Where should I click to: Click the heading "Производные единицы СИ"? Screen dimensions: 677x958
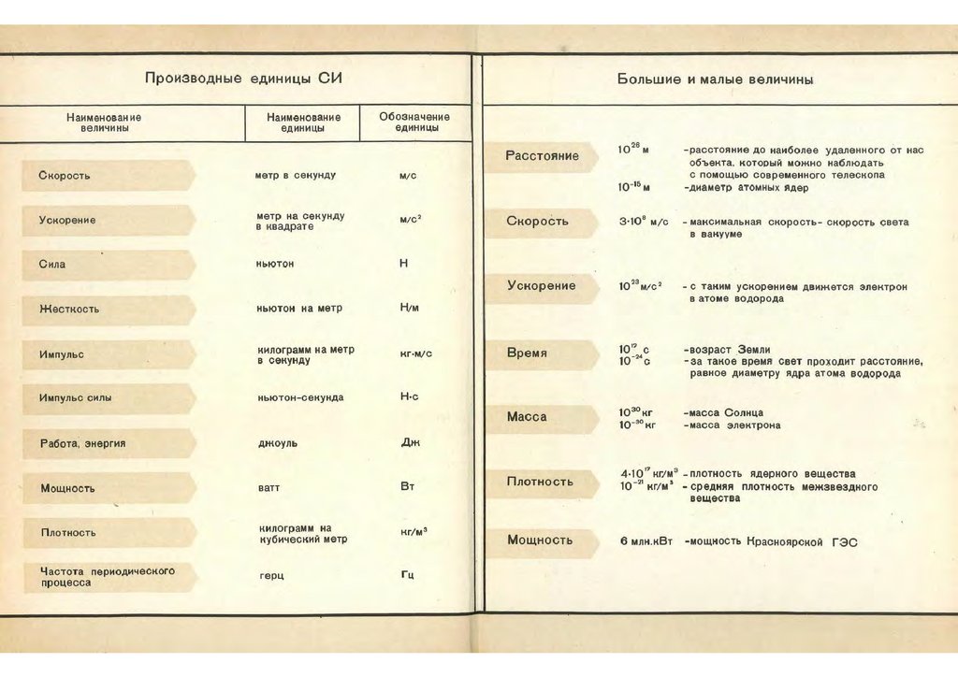(x=243, y=78)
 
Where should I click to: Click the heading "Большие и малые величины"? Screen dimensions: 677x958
(x=715, y=79)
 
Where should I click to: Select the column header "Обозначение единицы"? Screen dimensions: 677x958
(x=414, y=122)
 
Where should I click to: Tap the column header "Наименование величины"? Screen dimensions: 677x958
(x=104, y=122)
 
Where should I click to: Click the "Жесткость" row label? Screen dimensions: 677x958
(x=69, y=309)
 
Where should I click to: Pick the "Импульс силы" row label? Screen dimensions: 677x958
(x=76, y=397)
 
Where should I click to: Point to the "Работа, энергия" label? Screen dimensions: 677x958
(x=82, y=443)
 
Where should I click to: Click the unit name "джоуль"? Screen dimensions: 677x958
(x=277, y=443)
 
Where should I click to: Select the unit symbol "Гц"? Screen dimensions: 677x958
(x=408, y=574)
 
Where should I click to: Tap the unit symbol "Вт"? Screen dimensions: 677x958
(x=407, y=487)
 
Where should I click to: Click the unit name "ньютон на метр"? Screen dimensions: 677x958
(x=299, y=309)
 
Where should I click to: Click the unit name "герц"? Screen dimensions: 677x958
(x=271, y=575)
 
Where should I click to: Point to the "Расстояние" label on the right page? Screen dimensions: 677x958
(x=542, y=156)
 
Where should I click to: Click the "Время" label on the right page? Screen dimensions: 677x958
(x=527, y=354)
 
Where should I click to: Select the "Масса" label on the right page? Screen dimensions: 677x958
(x=527, y=417)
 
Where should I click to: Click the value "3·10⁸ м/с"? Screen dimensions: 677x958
(x=644, y=223)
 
